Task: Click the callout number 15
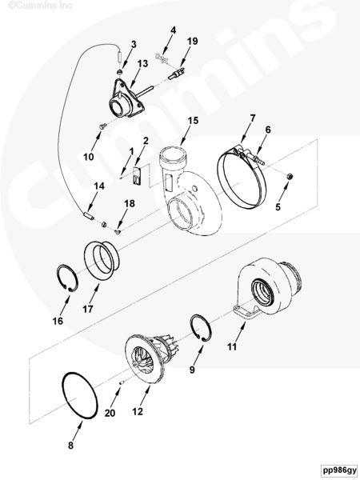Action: click(193, 121)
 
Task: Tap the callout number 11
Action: click(232, 347)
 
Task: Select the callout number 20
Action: click(110, 413)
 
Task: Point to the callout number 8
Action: click(70, 445)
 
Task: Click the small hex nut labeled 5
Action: click(289, 176)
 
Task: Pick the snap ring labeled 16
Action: click(67, 278)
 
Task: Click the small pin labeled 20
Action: click(121, 382)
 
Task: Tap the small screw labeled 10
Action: click(103, 126)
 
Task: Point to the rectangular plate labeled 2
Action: click(137, 176)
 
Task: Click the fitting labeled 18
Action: click(118, 231)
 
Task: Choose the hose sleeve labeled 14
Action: click(89, 215)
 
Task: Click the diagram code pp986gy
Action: click(340, 470)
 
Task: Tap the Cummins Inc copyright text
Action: click(40, 5)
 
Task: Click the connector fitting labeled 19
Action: click(177, 74)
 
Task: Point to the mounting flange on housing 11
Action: click(246, 313)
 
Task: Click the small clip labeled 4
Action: click(162, 58)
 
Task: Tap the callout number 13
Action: click(142, 64)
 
